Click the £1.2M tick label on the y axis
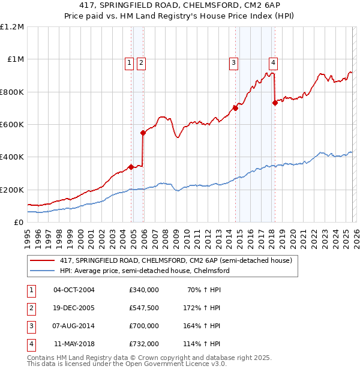pos(12,27)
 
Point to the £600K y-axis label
pos(12,125)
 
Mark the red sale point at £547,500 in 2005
pos(143,133)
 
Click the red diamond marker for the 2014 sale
pos(235,108)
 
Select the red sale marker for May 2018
pos(275,103)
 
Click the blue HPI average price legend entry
pos(144,271)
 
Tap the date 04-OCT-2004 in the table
pos(74,290)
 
